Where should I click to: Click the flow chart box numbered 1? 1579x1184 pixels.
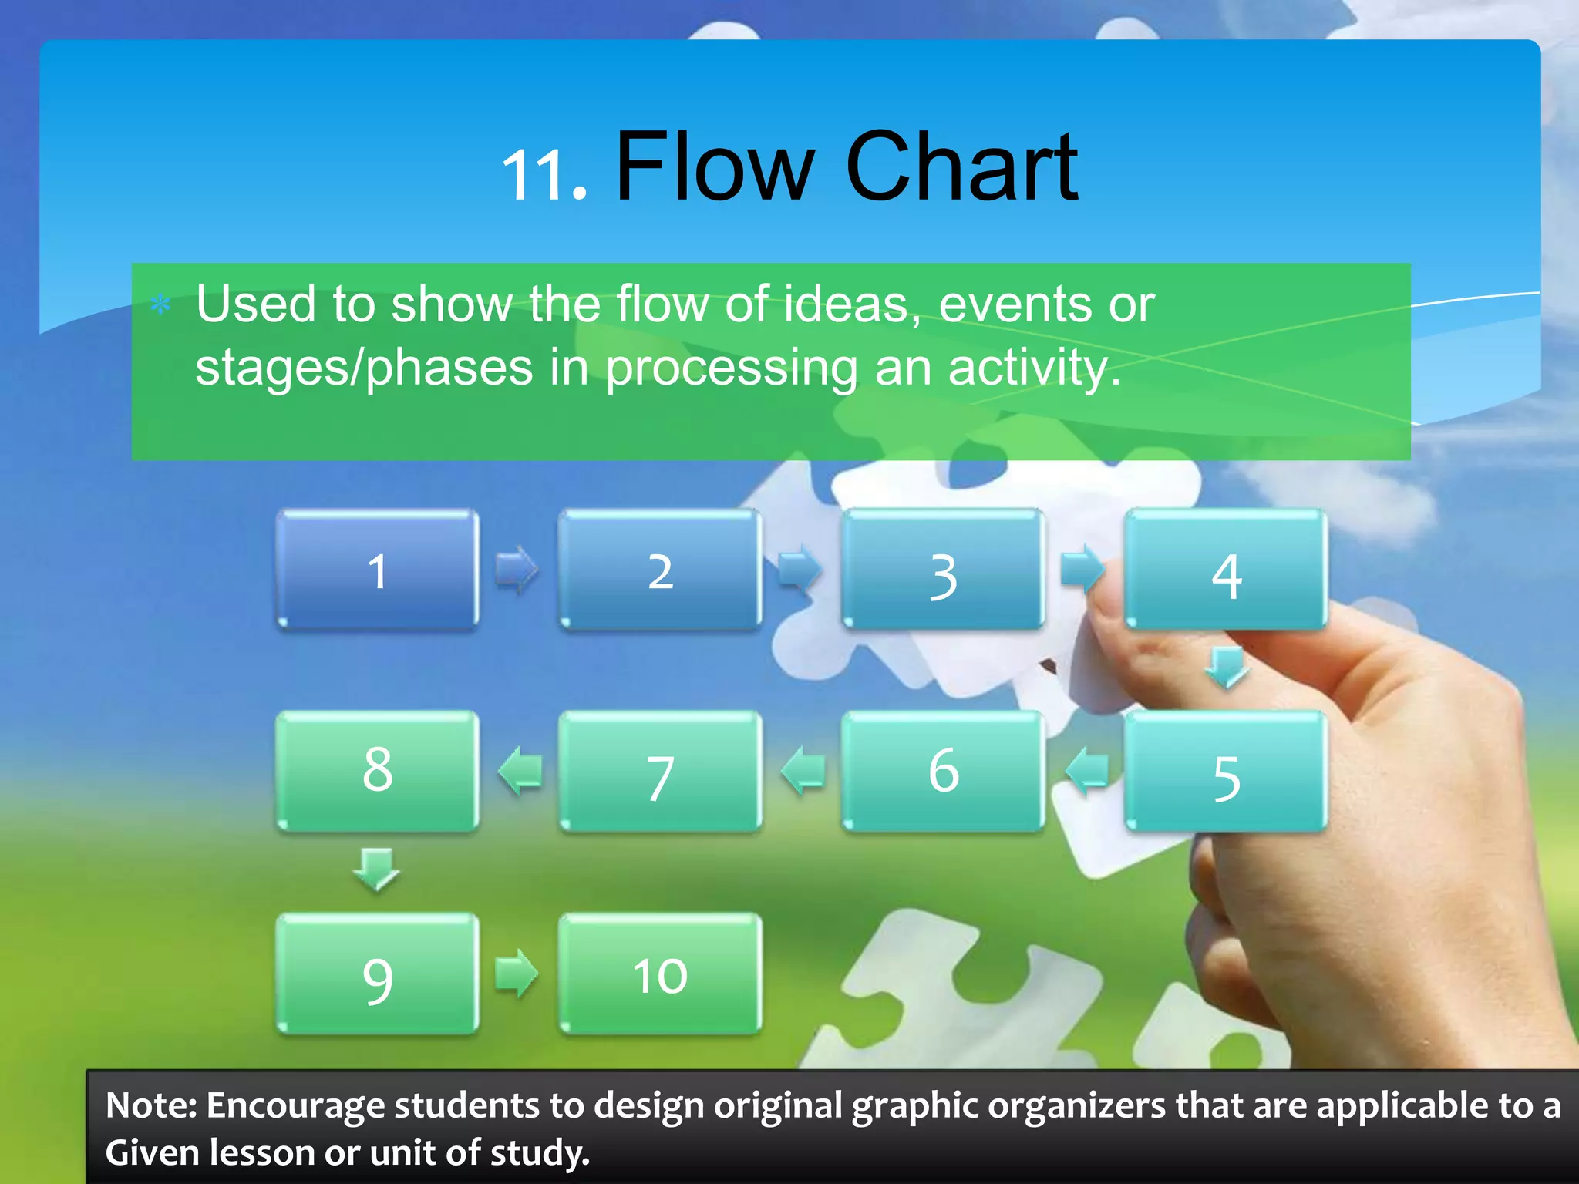(377, 570)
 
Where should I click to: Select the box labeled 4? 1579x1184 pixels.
(1226, 570)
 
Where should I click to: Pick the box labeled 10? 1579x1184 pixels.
(660, 974)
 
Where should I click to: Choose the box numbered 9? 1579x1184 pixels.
(377, 974)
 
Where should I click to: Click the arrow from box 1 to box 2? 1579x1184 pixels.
(517, 570)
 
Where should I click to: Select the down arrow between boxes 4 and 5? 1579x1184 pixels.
(1226, 668)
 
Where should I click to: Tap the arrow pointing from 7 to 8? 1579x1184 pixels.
(520, 771)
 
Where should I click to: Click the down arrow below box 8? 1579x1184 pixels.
(376, 869)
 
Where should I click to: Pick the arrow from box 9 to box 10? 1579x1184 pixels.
(517, 973)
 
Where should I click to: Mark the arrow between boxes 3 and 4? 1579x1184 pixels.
(1082, 569)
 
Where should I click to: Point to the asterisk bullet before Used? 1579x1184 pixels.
(160, 305)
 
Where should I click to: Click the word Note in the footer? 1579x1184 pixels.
(149, 1105)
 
